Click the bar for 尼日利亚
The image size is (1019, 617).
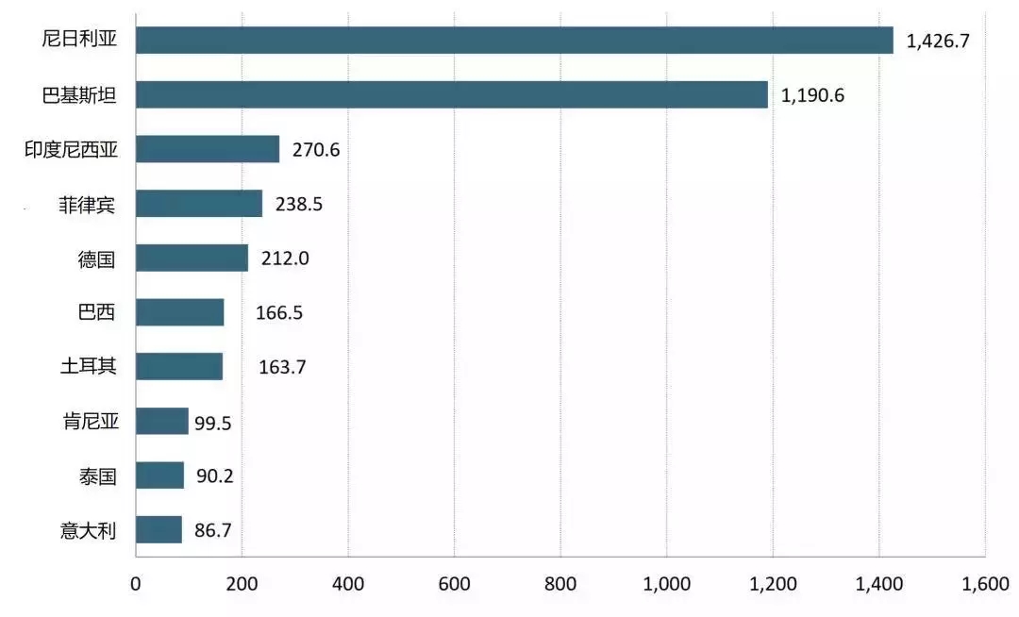tap(514, 41)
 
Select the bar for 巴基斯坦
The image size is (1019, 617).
tap(452, 94)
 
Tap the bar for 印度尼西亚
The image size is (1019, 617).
tap(208, 149)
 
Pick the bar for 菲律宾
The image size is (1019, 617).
tap(199, 204)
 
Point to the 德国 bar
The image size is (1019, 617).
tap(192, 258)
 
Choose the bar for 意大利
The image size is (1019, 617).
tap(159, 529)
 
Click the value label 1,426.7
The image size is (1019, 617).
tap(938, 42)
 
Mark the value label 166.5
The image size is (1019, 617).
tap(279, 312)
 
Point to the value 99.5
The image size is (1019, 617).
tap(213, 422)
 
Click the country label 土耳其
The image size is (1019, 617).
tap(88, 366)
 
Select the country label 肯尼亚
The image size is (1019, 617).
tap(88, 421)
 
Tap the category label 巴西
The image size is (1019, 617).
tap(97, 312)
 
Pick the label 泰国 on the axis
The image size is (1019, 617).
tap(97, 475)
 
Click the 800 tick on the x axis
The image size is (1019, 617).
tap(560, 583)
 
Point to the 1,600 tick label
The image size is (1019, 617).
tap(984, 583)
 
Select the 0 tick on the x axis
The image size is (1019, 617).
tap(136, 583)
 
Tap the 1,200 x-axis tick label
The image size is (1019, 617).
tap(772, 583)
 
